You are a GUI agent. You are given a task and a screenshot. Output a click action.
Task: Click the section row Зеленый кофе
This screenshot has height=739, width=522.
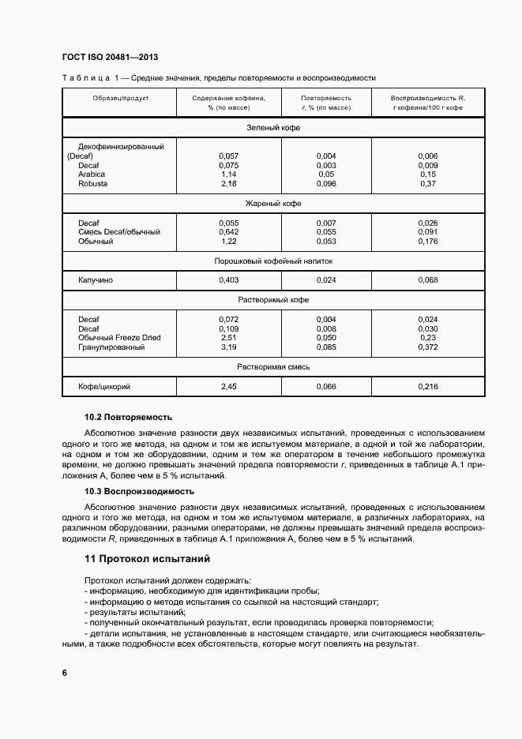click(x=273, y=127)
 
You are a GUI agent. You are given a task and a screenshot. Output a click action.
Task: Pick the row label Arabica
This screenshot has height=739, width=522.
click(x=92, y=174)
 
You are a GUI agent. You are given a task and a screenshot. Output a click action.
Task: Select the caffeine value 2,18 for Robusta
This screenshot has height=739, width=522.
click(x=228, y=183)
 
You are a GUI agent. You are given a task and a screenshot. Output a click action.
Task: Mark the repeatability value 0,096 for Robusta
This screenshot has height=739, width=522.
click(x=326, y=183)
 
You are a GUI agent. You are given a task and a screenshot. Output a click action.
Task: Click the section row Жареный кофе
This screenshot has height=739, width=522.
click(x=273, y=203)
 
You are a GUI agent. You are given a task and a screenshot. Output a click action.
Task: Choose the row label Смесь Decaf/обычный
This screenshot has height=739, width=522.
click(x=119, y=232)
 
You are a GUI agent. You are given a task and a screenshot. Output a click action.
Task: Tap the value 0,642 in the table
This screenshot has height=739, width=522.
click(x=228, y=232)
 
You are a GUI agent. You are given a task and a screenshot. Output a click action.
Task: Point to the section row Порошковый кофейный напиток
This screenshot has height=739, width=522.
click(x=273, y=260)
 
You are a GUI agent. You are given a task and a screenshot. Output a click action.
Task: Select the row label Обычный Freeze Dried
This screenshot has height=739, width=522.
click(x=119, y=338)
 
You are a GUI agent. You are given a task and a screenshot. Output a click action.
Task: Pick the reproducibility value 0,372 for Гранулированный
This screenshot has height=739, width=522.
click(x=427, y=347)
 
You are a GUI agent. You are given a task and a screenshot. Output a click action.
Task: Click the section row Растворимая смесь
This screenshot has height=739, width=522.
click(x=273, y=367)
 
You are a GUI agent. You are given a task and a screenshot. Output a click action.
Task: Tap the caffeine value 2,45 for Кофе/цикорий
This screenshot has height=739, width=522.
click(x=228, y=387)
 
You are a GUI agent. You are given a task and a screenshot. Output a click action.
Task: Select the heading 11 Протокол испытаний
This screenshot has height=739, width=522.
click(x=147, y=559)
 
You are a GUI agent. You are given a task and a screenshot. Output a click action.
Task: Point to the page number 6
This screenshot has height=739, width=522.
click(x=64, y=673)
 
